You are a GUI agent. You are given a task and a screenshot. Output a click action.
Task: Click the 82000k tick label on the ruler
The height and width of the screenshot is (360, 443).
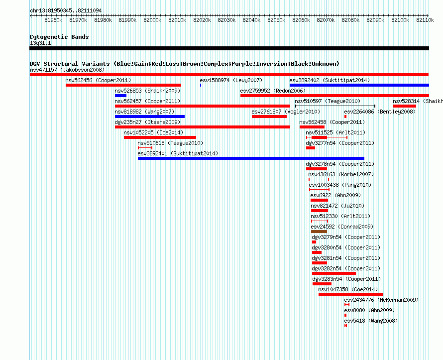(x=152, y=20)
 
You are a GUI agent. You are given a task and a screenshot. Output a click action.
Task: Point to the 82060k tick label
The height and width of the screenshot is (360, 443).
(x=301, y=20)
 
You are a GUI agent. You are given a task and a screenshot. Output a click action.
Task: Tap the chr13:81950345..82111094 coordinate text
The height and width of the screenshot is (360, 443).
(x=66, y=10)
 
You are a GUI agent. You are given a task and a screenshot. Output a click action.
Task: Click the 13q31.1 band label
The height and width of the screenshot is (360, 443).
(x=40, y=43)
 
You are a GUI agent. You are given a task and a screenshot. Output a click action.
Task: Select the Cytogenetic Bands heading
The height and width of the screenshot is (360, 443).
(x=59, y=37)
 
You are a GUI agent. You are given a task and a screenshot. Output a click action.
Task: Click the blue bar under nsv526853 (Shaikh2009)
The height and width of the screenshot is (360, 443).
(x=120, y=96)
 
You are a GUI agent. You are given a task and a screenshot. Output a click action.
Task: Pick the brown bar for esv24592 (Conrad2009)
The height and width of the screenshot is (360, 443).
(x=319, y=232)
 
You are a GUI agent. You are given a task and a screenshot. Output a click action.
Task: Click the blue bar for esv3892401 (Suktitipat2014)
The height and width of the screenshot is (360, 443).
(x=251, y=158)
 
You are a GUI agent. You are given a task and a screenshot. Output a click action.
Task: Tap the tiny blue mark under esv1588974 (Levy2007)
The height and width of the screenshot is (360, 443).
(x=201, y=85)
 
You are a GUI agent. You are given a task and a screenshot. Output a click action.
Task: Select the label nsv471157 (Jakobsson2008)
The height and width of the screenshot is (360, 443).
(x=67, y=70)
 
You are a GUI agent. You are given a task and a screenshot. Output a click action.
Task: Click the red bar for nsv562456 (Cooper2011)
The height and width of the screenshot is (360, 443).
(x=123, y=85)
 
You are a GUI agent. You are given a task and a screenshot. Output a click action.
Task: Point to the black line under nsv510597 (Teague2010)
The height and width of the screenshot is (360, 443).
(x=335, y=106)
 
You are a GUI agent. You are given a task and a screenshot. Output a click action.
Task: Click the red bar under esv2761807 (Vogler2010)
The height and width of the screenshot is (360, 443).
(x=269, y=117)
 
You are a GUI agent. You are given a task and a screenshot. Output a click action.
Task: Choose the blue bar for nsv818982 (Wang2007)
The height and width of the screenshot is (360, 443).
(x=150, y=117)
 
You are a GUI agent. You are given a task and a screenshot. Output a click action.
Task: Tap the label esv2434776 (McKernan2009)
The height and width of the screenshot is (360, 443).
(x=381, y=300)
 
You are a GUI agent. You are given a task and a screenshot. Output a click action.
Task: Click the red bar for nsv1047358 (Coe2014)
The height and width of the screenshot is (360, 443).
(x=351, y=294)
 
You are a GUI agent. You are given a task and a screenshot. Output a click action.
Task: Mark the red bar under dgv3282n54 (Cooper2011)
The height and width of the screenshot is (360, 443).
(x=334, y=273)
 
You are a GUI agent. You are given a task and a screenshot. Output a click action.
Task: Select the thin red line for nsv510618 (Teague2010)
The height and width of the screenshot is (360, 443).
(x=145, y=148)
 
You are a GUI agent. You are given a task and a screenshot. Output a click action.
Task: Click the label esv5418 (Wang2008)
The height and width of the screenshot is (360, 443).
(x=371, y=321)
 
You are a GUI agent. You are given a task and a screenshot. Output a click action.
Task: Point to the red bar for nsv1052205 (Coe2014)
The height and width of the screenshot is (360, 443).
(x=160, y=137)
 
